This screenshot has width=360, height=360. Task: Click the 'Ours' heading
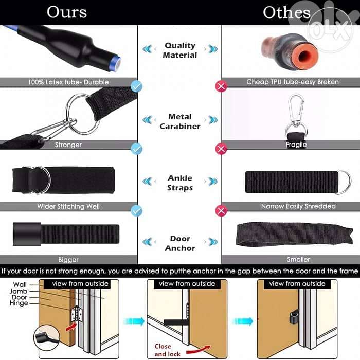coord(67,12)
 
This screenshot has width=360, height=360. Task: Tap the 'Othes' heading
coord(286,12)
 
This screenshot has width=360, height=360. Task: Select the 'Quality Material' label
coord(180,50)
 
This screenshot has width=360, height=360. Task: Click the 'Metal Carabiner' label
coord(180,121)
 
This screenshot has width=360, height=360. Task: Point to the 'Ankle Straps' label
coord(180,183)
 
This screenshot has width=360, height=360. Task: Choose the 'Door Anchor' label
coord(180,243)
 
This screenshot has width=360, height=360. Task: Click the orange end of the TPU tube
coord(304,56)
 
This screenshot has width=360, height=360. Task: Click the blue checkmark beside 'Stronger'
coord(137,149)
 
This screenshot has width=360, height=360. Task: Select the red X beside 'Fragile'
coord(221,149)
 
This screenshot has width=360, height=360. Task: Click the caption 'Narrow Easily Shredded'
coord(298,206)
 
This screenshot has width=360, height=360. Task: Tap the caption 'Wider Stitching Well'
coord(68,206)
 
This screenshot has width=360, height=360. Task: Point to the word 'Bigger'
coord(68,260)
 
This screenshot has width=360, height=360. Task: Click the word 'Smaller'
coord(298,259)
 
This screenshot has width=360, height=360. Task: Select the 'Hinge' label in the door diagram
coord(19,303)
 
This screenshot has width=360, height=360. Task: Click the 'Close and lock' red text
coord(167,350)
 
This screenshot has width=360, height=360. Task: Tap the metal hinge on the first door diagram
coord(77,314)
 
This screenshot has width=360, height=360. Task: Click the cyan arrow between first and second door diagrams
coord(134,321)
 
